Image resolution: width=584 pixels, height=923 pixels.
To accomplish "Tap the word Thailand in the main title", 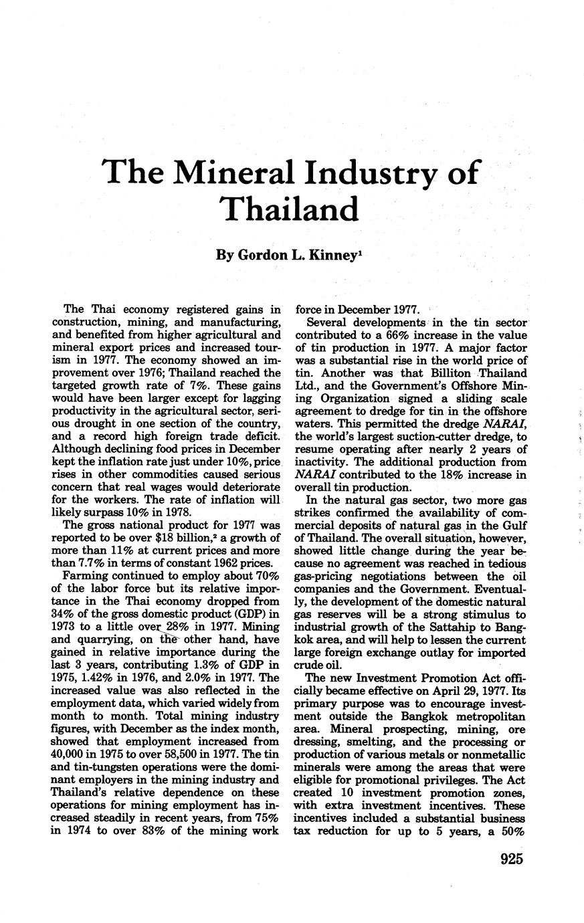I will [292, 209].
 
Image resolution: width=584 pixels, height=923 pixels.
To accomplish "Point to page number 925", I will [510, 859].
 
